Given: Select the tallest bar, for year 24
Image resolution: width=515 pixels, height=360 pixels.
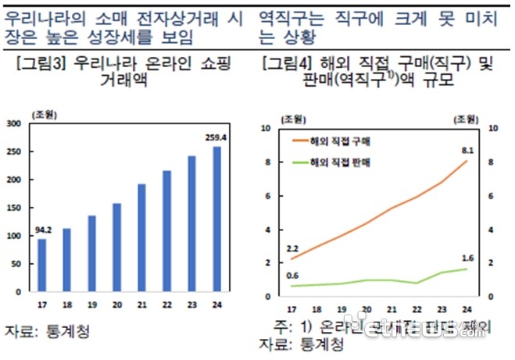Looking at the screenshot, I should click(216, 219).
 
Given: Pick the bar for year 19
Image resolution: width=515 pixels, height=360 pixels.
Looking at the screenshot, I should click(92, 253).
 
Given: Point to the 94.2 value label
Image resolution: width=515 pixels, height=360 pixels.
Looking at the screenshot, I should click(43, 230).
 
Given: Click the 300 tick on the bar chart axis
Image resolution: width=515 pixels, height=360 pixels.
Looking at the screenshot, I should click(14, 123).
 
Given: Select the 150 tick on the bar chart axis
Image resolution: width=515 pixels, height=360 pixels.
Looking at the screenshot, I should click(14, 208).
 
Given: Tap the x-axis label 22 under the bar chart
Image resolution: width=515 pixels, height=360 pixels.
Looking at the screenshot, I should click(166, 305).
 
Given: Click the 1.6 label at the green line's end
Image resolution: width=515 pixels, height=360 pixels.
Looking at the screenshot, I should click(467, 257).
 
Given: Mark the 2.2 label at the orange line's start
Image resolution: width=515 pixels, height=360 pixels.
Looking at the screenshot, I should click(292, 247).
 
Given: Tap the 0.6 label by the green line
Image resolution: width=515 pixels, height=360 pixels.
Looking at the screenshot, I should click(292, 274).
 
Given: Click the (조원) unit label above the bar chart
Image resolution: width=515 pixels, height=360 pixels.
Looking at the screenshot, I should click(45, 115).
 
